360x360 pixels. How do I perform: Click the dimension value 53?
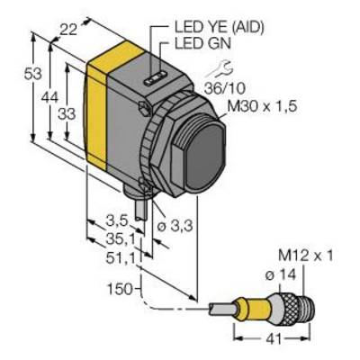[33, 74]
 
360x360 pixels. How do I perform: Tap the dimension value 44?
[49, 97]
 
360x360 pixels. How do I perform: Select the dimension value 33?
[67, 114]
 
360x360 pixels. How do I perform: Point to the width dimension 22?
[68, 30]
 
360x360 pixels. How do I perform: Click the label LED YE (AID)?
[220, 28]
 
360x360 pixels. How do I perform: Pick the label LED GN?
[202, 44]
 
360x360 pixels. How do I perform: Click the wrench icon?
[220, 69]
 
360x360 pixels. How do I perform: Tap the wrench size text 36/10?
[225, 88]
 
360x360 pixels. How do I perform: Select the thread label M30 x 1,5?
[263, 106]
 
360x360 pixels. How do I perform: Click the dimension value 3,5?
[117, 221]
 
